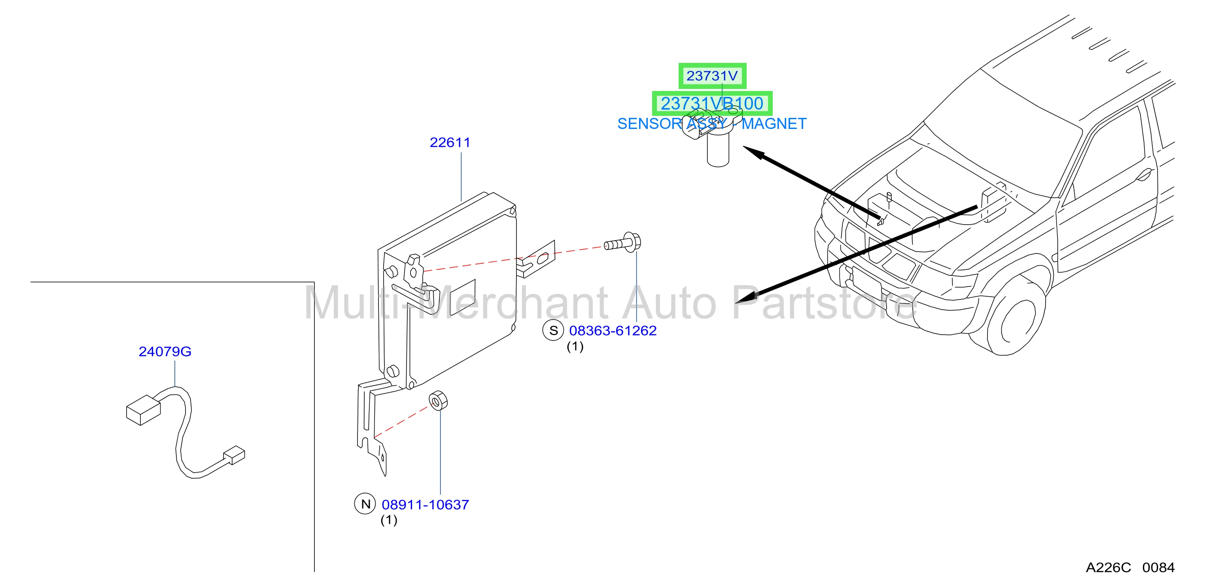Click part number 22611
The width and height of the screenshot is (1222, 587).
pyautogui.click(x=450, y=142)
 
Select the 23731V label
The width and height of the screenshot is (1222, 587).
pyautogui.click(x=712, y=76)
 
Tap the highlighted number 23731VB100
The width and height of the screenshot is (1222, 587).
pyautogui.click(x=712, y=104)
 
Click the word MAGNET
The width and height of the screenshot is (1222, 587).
pyautogui.click(x=774, y=124)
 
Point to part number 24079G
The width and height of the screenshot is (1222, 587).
pyautogui.click(x=165, y=352)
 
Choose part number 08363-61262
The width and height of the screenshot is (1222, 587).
pyautogui.click(x=613, y=331)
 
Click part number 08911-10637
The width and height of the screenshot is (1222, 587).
pyautogui.click(x=425, y=505)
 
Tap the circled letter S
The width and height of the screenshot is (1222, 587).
pyautogui.click(x=553, y=331)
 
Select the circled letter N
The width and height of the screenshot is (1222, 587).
pyautogui.click(x=365, y=504)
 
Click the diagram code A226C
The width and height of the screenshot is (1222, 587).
pyautogui.click(x=1108, y=568)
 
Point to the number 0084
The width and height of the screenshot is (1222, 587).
pyautogui.click(x=1158, y=568)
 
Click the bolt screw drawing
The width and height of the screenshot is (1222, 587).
pyautogui.click(x=622, y=242)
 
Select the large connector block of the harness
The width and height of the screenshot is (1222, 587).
pyautogui.click(x=143, y=410)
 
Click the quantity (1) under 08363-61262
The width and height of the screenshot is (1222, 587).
pyautogui.click(x=575, y=347)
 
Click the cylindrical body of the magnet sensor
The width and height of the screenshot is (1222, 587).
pyautogui.click(x=718, y=149)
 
